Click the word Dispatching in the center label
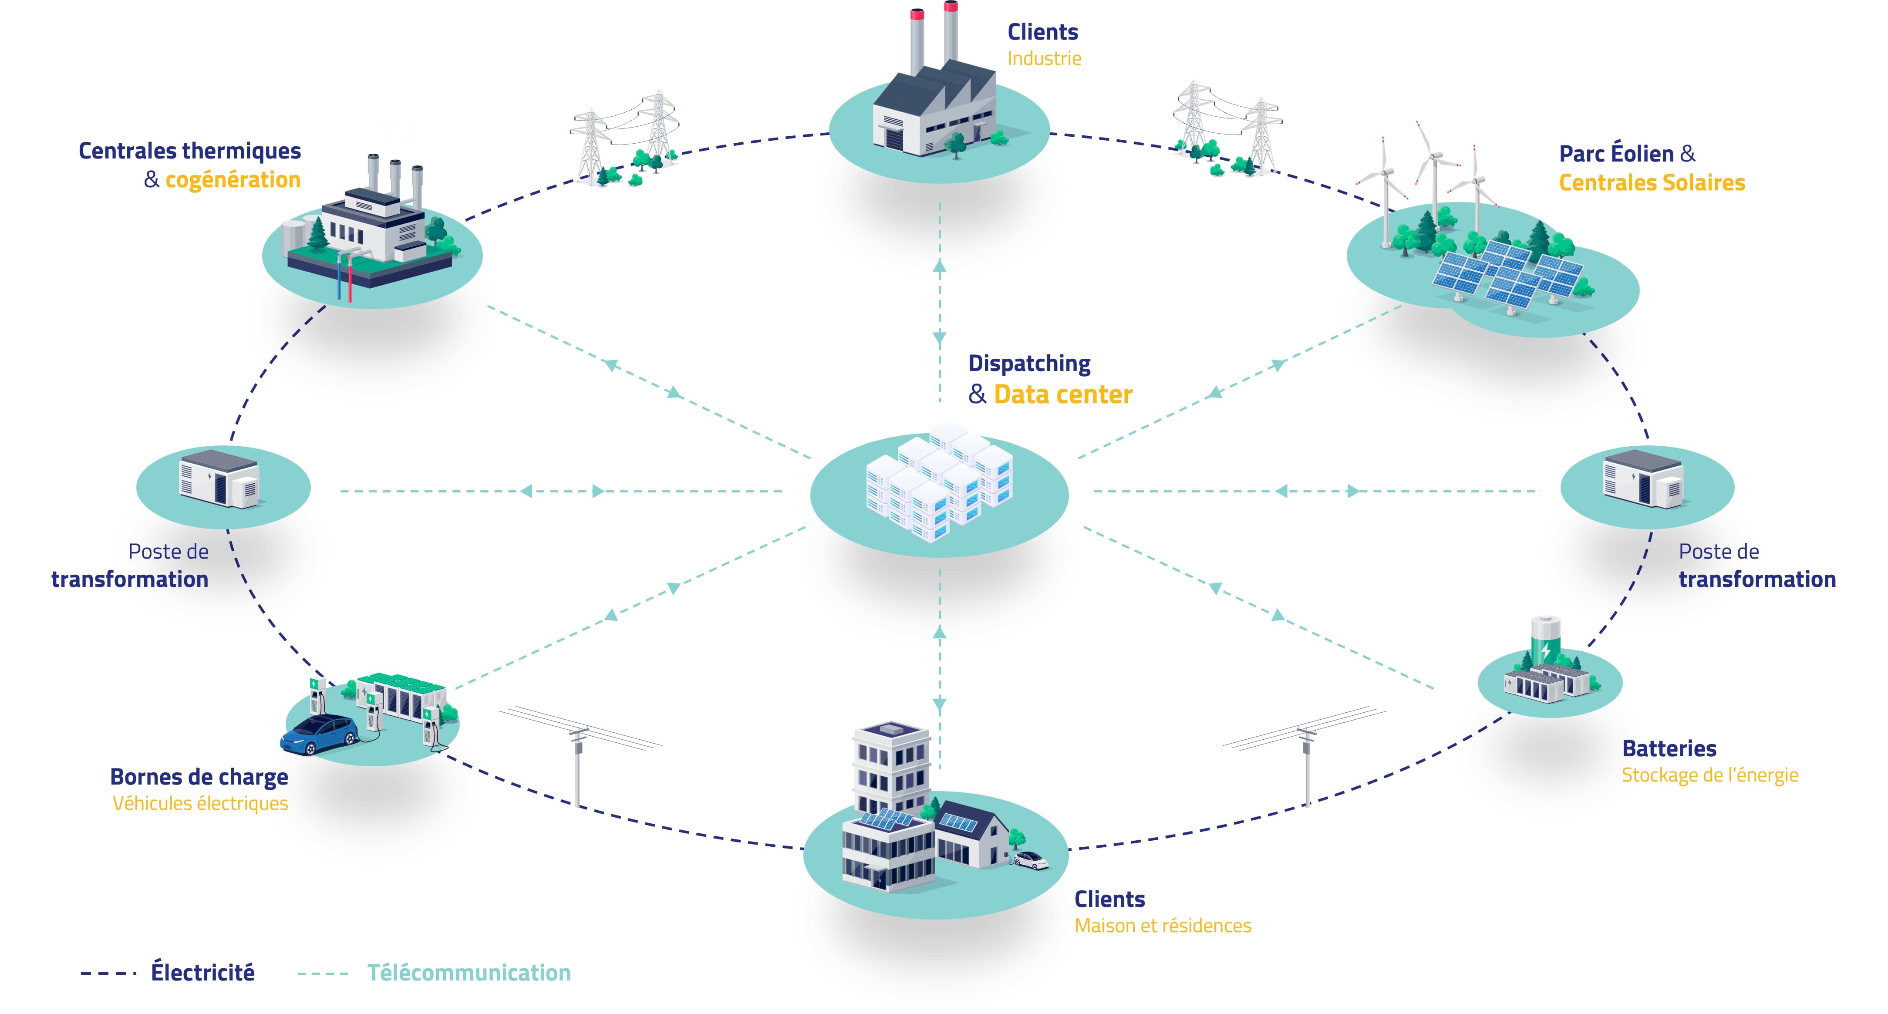tap(1029, 364)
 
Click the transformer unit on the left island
tap(219, 480)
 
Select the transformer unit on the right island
tap(1642, 480)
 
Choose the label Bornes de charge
tap(199, 777)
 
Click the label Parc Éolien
tap(1616, 154)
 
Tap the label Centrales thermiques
tap(190, 151)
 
